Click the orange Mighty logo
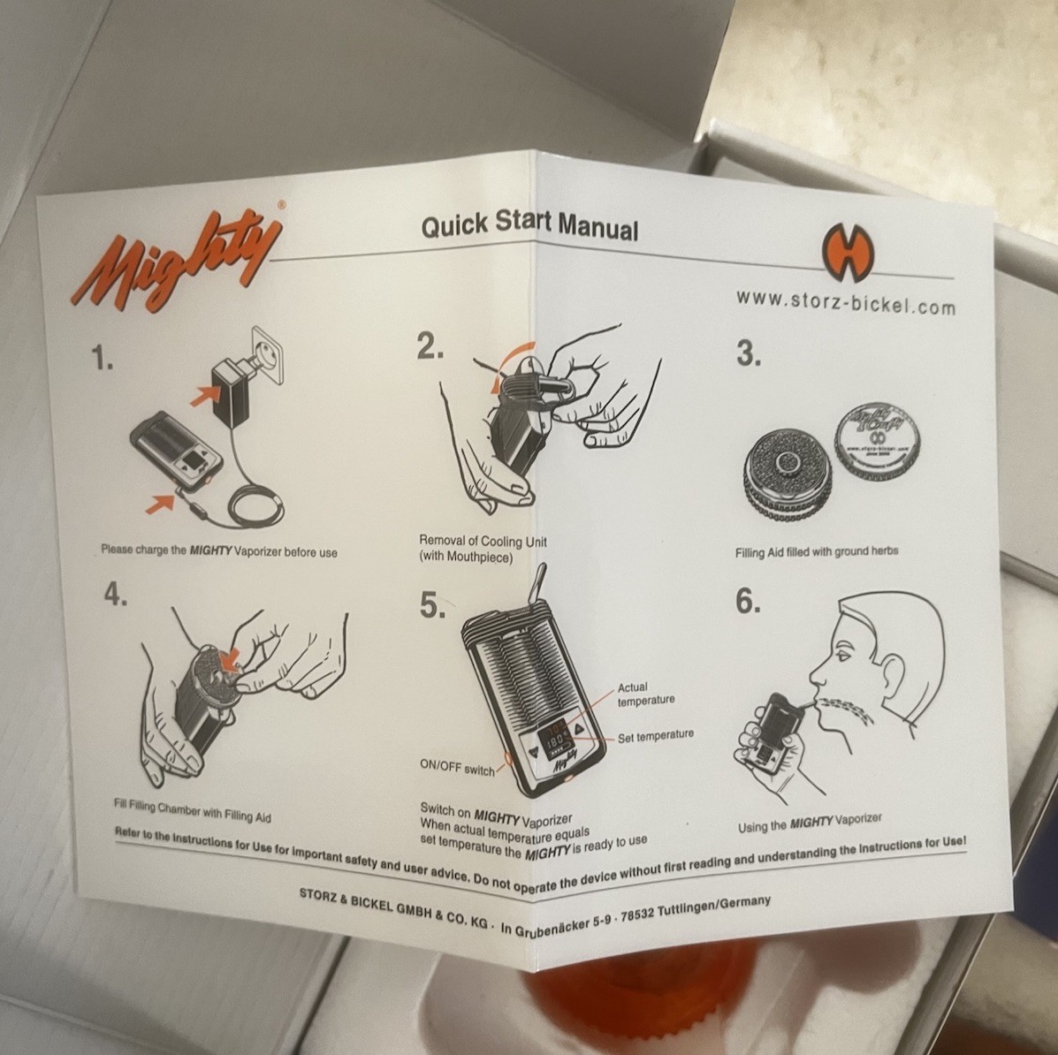177,256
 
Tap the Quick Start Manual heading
529,225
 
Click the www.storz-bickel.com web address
845,303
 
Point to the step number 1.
103,359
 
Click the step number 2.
430,348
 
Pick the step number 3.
749,353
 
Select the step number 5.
432,606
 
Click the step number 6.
748,602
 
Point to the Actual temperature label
645,694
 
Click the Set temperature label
655,735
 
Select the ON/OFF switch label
457,770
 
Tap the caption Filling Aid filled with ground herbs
816,551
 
